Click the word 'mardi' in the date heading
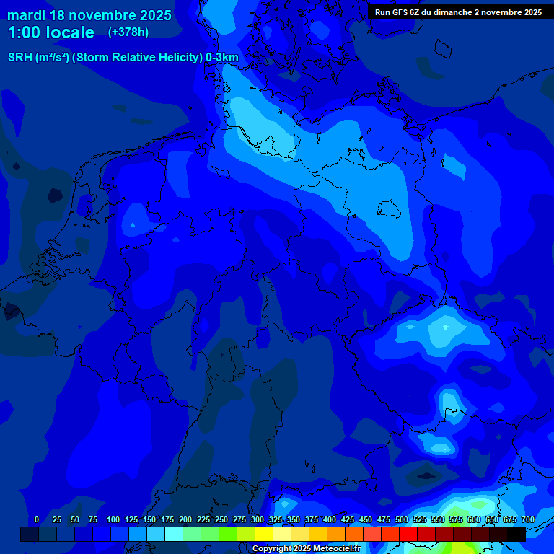25,15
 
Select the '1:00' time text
23,32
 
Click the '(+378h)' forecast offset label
129,32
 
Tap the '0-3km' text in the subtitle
222,58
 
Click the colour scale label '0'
37,520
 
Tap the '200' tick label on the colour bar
185,520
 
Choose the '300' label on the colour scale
258,520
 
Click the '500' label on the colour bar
402,520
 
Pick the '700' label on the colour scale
528,520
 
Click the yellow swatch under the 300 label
264,534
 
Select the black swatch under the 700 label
516,534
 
